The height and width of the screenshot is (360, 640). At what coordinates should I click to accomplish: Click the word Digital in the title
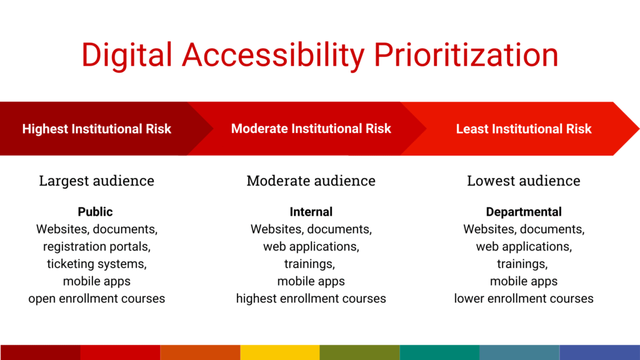coord(126,56)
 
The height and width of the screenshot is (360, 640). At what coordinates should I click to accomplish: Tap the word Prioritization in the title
coord(466,54)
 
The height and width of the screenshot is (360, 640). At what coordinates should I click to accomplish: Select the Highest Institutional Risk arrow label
coord(97,129)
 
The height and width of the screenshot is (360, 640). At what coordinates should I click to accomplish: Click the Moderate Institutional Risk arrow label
coord(311,129)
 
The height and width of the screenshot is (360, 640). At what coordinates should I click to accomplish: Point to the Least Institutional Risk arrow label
coord(524,129)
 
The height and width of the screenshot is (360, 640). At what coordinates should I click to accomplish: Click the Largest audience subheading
coord(97,181)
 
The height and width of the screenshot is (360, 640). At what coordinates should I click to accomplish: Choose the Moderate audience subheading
coord(311,181)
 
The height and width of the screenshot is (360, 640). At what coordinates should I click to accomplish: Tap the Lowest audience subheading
coord(524,181)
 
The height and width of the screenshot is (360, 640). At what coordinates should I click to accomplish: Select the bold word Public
coord(95,212)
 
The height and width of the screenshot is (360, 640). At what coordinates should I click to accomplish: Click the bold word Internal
coord(311,212)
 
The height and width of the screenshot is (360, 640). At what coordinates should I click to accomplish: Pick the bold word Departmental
coord(524,212)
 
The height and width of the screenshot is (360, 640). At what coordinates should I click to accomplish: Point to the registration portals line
coord(97,247)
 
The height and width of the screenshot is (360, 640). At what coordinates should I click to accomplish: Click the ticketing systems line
coord(97,264)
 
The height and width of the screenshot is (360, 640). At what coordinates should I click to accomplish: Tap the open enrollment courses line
coord(97,299)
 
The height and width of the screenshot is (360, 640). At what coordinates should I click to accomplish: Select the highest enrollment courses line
coord(311,299)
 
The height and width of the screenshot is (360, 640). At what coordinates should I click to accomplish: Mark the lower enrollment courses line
coord(524,299)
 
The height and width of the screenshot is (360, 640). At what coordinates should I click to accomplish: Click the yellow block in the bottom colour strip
coord(280,352)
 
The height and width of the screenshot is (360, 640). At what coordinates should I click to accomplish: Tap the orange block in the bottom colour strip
coord(200,352)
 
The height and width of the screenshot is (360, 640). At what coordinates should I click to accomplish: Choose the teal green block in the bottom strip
coord(439,352)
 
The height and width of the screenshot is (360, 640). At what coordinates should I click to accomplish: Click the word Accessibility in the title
coord(273,56)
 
